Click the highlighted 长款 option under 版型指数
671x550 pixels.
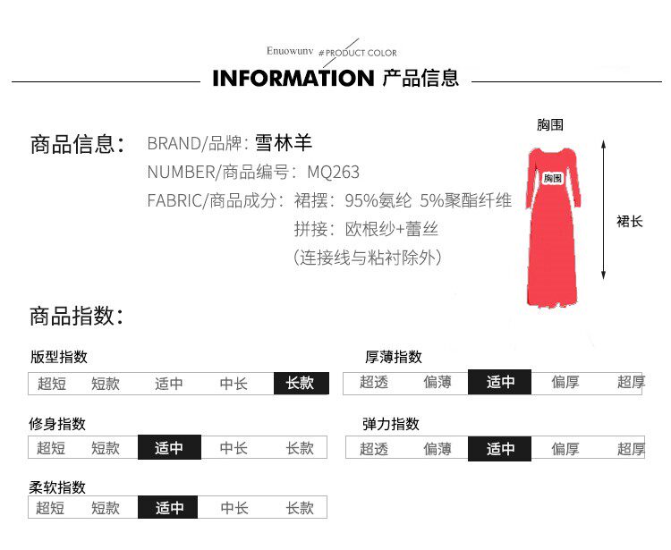point(301,384)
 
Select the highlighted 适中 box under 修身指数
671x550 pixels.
point(169,448)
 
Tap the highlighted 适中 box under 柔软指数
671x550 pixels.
point(169,508)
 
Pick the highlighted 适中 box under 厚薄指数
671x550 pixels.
point(500,383)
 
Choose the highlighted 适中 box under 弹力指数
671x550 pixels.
point(500,448)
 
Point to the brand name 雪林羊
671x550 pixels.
point(285,143)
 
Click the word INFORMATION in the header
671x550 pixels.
point(293,79)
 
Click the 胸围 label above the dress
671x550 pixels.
point(550,125)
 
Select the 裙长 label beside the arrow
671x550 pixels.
point(630,221)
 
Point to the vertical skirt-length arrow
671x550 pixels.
point(606,211)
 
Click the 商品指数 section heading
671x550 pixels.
point(75,316)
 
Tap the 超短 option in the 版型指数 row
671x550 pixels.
point(52,384)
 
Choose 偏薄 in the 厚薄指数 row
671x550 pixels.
point(437,383)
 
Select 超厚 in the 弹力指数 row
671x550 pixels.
point(631,448)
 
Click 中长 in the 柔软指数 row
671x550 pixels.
point(234,508)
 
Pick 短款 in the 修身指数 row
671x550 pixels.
point(106,448)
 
